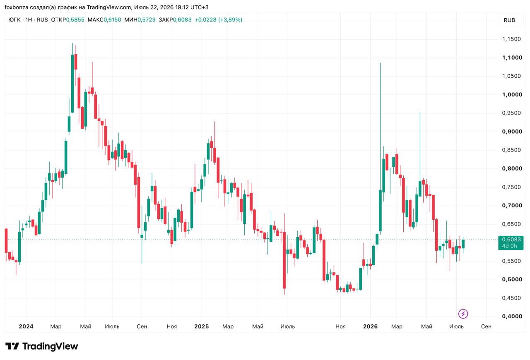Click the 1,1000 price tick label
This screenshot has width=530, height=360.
[512, 58]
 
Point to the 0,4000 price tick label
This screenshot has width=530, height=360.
[512, 316]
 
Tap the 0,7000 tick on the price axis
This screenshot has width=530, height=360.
[512, 205]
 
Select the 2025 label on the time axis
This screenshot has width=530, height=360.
[201, 326]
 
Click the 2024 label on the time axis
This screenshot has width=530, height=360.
[26, 326]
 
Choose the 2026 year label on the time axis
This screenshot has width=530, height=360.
[370, 326]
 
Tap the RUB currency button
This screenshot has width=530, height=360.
[509, 20]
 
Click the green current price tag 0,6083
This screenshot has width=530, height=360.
[511, 242]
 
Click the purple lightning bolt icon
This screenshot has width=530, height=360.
[463, 314]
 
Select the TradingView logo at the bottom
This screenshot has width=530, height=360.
[42, 346]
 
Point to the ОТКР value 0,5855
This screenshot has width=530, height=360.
[75, 19]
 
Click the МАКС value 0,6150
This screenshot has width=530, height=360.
[112, 19]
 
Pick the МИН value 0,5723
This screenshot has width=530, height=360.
[147, 19]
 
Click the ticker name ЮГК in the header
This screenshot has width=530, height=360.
[14, 19]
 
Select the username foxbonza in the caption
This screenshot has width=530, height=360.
[16, 7]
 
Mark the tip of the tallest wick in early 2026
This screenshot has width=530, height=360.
[380, 63]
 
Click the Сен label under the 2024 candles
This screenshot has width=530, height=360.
[142, 326]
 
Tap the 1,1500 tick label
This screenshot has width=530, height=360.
[511, 39]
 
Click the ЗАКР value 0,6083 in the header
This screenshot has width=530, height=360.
[182, 19]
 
